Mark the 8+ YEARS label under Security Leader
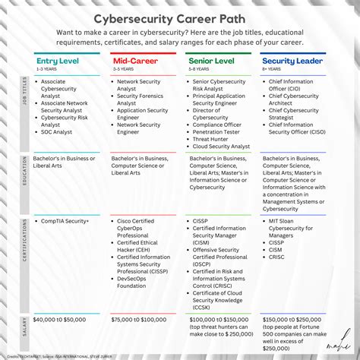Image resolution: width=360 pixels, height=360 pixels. pyautogui.click(x=271, y=68)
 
